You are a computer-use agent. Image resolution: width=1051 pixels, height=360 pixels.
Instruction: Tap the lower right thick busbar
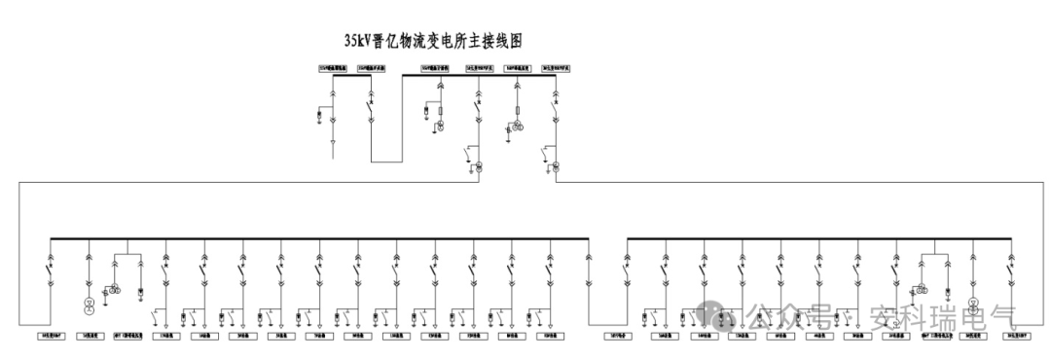(x=818, y=238)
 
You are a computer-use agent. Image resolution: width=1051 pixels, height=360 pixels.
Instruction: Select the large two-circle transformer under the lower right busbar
(x=973, y=305)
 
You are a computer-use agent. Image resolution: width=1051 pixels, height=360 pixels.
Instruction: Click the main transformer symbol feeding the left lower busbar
(x=479, y=167)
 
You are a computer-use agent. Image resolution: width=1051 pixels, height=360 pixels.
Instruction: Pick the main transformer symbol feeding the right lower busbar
(x=556, y=167)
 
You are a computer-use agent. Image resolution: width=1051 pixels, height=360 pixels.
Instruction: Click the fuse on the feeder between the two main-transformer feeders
(x=517, y=113)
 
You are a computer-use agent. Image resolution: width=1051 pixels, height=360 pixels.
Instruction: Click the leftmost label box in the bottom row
(x=51, y=336)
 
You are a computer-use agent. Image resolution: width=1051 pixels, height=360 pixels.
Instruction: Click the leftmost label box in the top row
(x=333, y=68)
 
